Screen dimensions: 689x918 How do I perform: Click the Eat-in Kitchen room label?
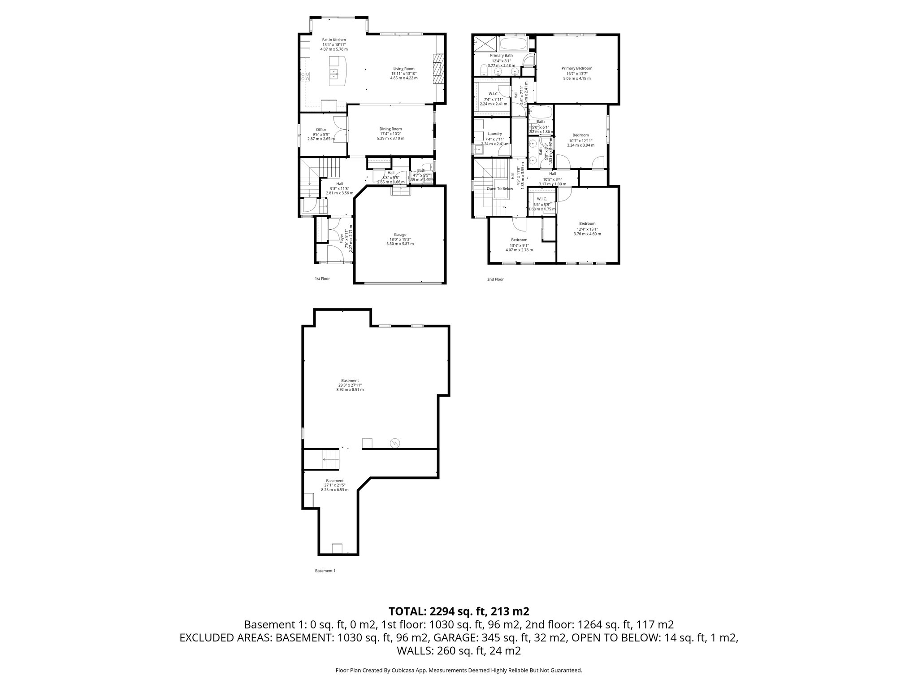pyautogui.click(x=334, y=40)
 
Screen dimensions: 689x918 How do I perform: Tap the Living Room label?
pyautogui.click(x=403, y=69)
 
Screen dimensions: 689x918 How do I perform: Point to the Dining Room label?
pyautogui.click(x=390, y=129)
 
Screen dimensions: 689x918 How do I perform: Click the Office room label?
pyautogui.click(x=321, y=130)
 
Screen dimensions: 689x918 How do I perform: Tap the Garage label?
pyautogui.click(x=400, y=235)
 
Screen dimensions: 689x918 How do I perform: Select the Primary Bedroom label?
pyautogui.click(x=576, y=69)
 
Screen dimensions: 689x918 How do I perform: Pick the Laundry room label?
pyautogui.click(x=494, y=134)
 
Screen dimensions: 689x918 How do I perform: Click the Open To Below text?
pyautogui.click(x=500, y=188)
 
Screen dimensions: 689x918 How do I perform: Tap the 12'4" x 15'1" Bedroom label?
pyautogui.click(x=587, y=223)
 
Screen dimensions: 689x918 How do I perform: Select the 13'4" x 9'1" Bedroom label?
pyautogui.click(x=519, y=240)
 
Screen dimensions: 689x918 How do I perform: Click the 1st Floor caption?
pyautogui.click(x=322, y=279)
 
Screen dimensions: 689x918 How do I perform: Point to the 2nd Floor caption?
pyautogui.click(x=495, y=279)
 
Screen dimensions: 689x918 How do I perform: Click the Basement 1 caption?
pyautogui.click(x=325, y=571)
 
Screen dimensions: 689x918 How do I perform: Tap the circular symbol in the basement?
pyautogui.click(x=395, y=443)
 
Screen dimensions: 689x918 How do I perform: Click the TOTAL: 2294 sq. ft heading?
pyautogui.click(x=459, y=611)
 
